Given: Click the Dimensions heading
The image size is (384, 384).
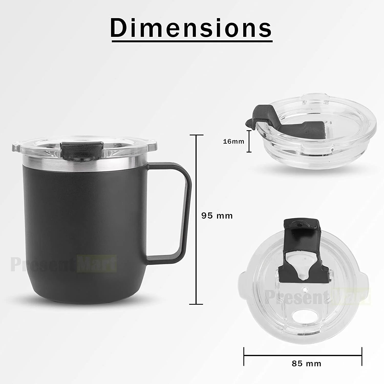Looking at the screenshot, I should [x=191, y=27].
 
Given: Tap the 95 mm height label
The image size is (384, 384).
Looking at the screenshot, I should [x=217, y=216].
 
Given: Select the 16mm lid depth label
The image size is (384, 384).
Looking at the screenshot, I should [x=233, y=141].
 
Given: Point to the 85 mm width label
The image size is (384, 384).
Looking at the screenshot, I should [x=306, y=363].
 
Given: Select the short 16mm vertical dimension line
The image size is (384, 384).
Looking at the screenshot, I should [x=249, y=141].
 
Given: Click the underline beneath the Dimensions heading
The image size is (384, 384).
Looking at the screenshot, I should [x=191, y=40].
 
